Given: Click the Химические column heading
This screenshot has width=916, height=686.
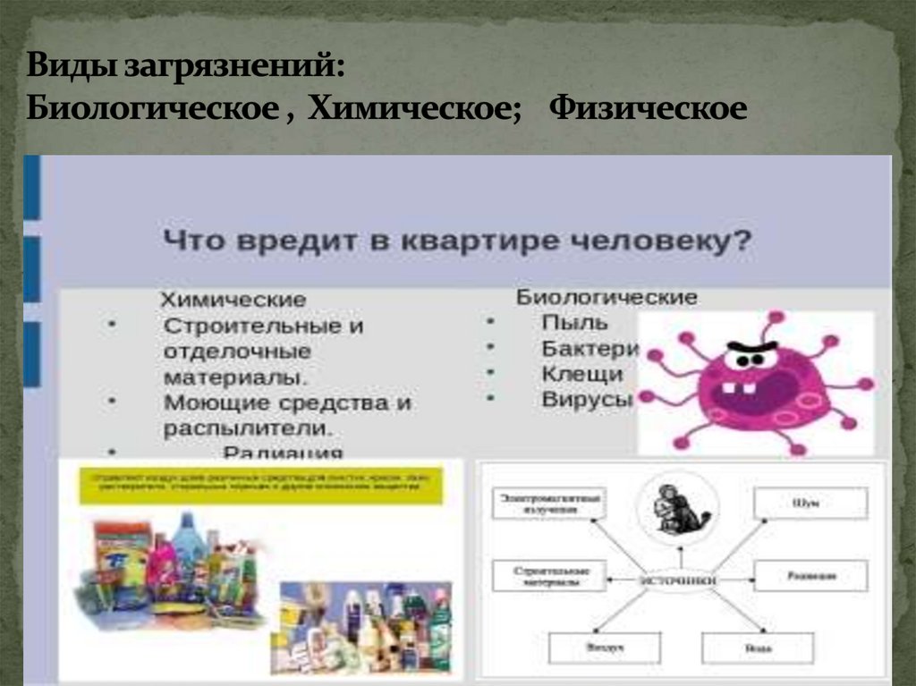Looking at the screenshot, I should [233, 300].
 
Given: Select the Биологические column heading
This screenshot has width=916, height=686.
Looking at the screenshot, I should [606, 297].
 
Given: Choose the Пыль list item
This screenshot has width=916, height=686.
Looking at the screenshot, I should [574, 323].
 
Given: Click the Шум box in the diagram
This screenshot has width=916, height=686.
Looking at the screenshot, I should [810, 504].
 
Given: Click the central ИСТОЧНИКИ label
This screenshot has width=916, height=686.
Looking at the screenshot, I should [677, 580].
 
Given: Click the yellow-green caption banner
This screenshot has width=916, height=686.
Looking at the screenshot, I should [259, 483].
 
